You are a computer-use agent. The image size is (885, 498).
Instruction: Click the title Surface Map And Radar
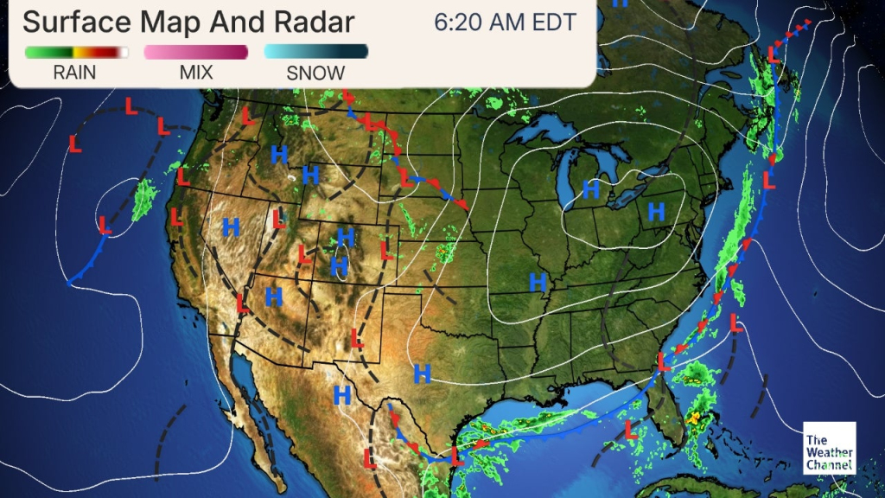click(x=188, y=22)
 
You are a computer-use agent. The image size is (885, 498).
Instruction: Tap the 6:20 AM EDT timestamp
click(x=506, y=22)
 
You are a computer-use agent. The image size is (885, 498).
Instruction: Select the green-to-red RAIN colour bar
click(x=76, y=53)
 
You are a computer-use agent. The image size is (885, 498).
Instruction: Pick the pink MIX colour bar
click(x=196, y=53)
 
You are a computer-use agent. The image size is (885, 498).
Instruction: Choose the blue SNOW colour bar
click(x=315, y=53)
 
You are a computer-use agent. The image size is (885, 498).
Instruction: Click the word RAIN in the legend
click(x=74, y=73)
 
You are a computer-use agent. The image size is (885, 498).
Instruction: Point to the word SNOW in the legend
click(x=315, y=73)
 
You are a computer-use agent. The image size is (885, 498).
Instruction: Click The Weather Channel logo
click(x=829, y=448)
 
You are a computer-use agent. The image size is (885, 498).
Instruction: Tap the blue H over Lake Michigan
click(x=591, y=188)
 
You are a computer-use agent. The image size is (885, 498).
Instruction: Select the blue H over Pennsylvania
click(x=657, y=210)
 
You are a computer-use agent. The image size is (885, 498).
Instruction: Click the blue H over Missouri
click(x=538, y=281)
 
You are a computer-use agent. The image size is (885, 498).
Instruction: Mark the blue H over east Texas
click(x=422, y=373)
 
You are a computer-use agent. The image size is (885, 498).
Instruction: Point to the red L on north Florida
click(x=663, y=362)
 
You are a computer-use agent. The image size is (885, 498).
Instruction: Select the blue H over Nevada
click(x=231, y=227)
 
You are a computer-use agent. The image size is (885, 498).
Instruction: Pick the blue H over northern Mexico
click(x=342, y=396)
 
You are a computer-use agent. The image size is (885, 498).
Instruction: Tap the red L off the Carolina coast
click(x=736, y=322)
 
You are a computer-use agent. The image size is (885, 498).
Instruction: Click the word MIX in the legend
click(x=196, y=73)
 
